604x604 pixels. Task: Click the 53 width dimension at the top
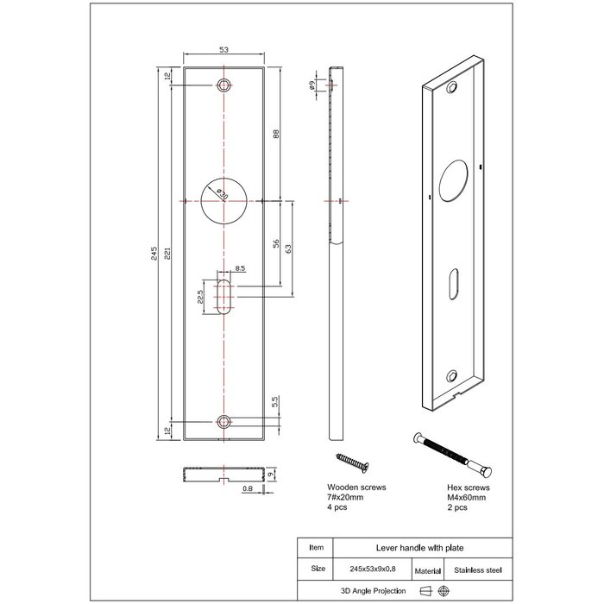[x=223, y=51]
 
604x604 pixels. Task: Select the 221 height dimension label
[x=168, y=253]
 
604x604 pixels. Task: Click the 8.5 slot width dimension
[x=240, y=269]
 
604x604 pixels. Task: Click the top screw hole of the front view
[x=223, y=85]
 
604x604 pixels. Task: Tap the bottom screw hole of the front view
[x=223, y=421]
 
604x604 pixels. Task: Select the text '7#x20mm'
[x=346, y=498]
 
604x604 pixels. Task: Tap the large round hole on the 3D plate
[x=455, y=179]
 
